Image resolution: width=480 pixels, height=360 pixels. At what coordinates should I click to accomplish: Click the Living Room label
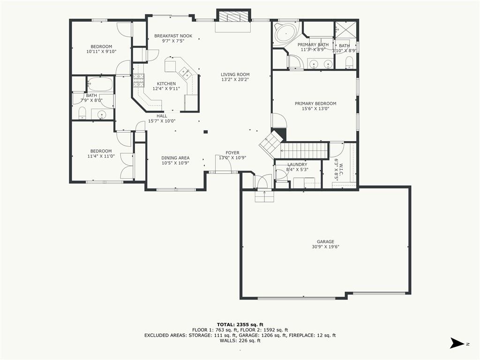click(x=235, y=75)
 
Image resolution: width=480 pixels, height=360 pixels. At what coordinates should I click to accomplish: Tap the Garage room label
click(x=325, y=241)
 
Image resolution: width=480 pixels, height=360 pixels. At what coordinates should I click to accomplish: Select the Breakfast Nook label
click(x=173, y=36)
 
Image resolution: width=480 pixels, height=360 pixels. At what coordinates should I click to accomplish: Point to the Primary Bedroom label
click(x=315, y=104)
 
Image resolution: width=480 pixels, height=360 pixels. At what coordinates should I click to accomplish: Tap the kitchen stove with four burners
click(x=139, y=81)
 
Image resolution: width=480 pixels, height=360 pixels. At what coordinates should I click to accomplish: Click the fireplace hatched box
click(x=233, y=16)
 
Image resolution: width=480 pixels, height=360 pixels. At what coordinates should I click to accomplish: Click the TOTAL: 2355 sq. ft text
click(x=240, y=324)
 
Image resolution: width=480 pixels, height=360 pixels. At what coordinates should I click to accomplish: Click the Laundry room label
click(x=297, y=165)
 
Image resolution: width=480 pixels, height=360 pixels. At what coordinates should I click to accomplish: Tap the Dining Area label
click(x=175, y=158)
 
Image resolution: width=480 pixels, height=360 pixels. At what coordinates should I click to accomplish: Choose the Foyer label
click(x=232, y=153)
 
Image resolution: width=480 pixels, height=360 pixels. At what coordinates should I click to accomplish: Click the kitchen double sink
click(x=186, y=73)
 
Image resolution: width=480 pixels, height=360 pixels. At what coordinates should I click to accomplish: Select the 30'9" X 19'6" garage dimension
click(x=325, y=247)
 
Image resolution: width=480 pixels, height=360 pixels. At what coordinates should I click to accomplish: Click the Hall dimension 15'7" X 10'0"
click(x=162, y=121)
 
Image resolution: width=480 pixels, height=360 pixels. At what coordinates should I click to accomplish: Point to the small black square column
click(x=206, y=132)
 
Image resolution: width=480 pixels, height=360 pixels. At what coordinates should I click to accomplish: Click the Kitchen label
click(x=166, y=83)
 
